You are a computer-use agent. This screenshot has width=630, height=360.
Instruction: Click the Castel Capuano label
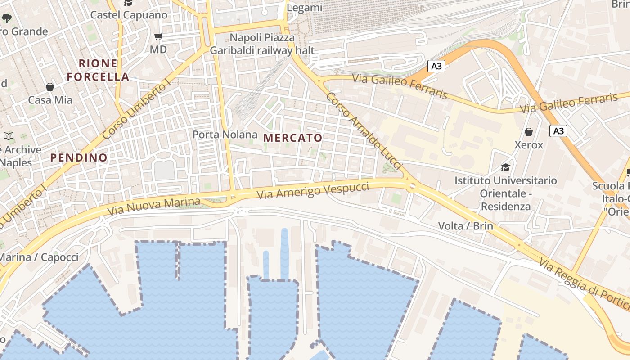tap(129, 15)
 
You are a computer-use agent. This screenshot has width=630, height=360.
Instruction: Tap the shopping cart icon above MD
tap(158, 36)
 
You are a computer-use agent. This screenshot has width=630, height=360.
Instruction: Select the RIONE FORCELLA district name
tap(98, 70)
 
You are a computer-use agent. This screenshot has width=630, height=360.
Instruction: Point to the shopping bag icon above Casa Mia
tap(50, 86)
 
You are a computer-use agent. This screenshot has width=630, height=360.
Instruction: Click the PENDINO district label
tap(79, 157)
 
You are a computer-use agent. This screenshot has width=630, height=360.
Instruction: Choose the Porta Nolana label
tap(225, 135)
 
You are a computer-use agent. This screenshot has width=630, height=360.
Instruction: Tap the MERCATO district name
tap(293, 138)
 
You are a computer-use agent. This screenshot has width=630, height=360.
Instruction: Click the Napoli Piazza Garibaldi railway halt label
tap(262, 44)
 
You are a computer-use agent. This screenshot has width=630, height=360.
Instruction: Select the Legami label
tap(305, 8)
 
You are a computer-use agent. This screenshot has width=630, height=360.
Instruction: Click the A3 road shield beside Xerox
tap(558, 131)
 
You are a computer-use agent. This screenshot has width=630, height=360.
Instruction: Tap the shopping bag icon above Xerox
tap(529, 132)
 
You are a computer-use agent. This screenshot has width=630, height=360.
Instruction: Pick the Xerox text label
tap(529, 145)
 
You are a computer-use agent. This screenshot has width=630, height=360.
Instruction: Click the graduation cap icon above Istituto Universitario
tap(505, 167)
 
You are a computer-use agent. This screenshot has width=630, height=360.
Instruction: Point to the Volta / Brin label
tap(465, 225)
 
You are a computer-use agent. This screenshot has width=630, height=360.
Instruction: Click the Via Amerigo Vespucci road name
tap(313, 191)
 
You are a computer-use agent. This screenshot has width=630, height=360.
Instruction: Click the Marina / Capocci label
tap(39, 257)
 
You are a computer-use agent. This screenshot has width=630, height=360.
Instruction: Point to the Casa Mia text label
tap(50, 100)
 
